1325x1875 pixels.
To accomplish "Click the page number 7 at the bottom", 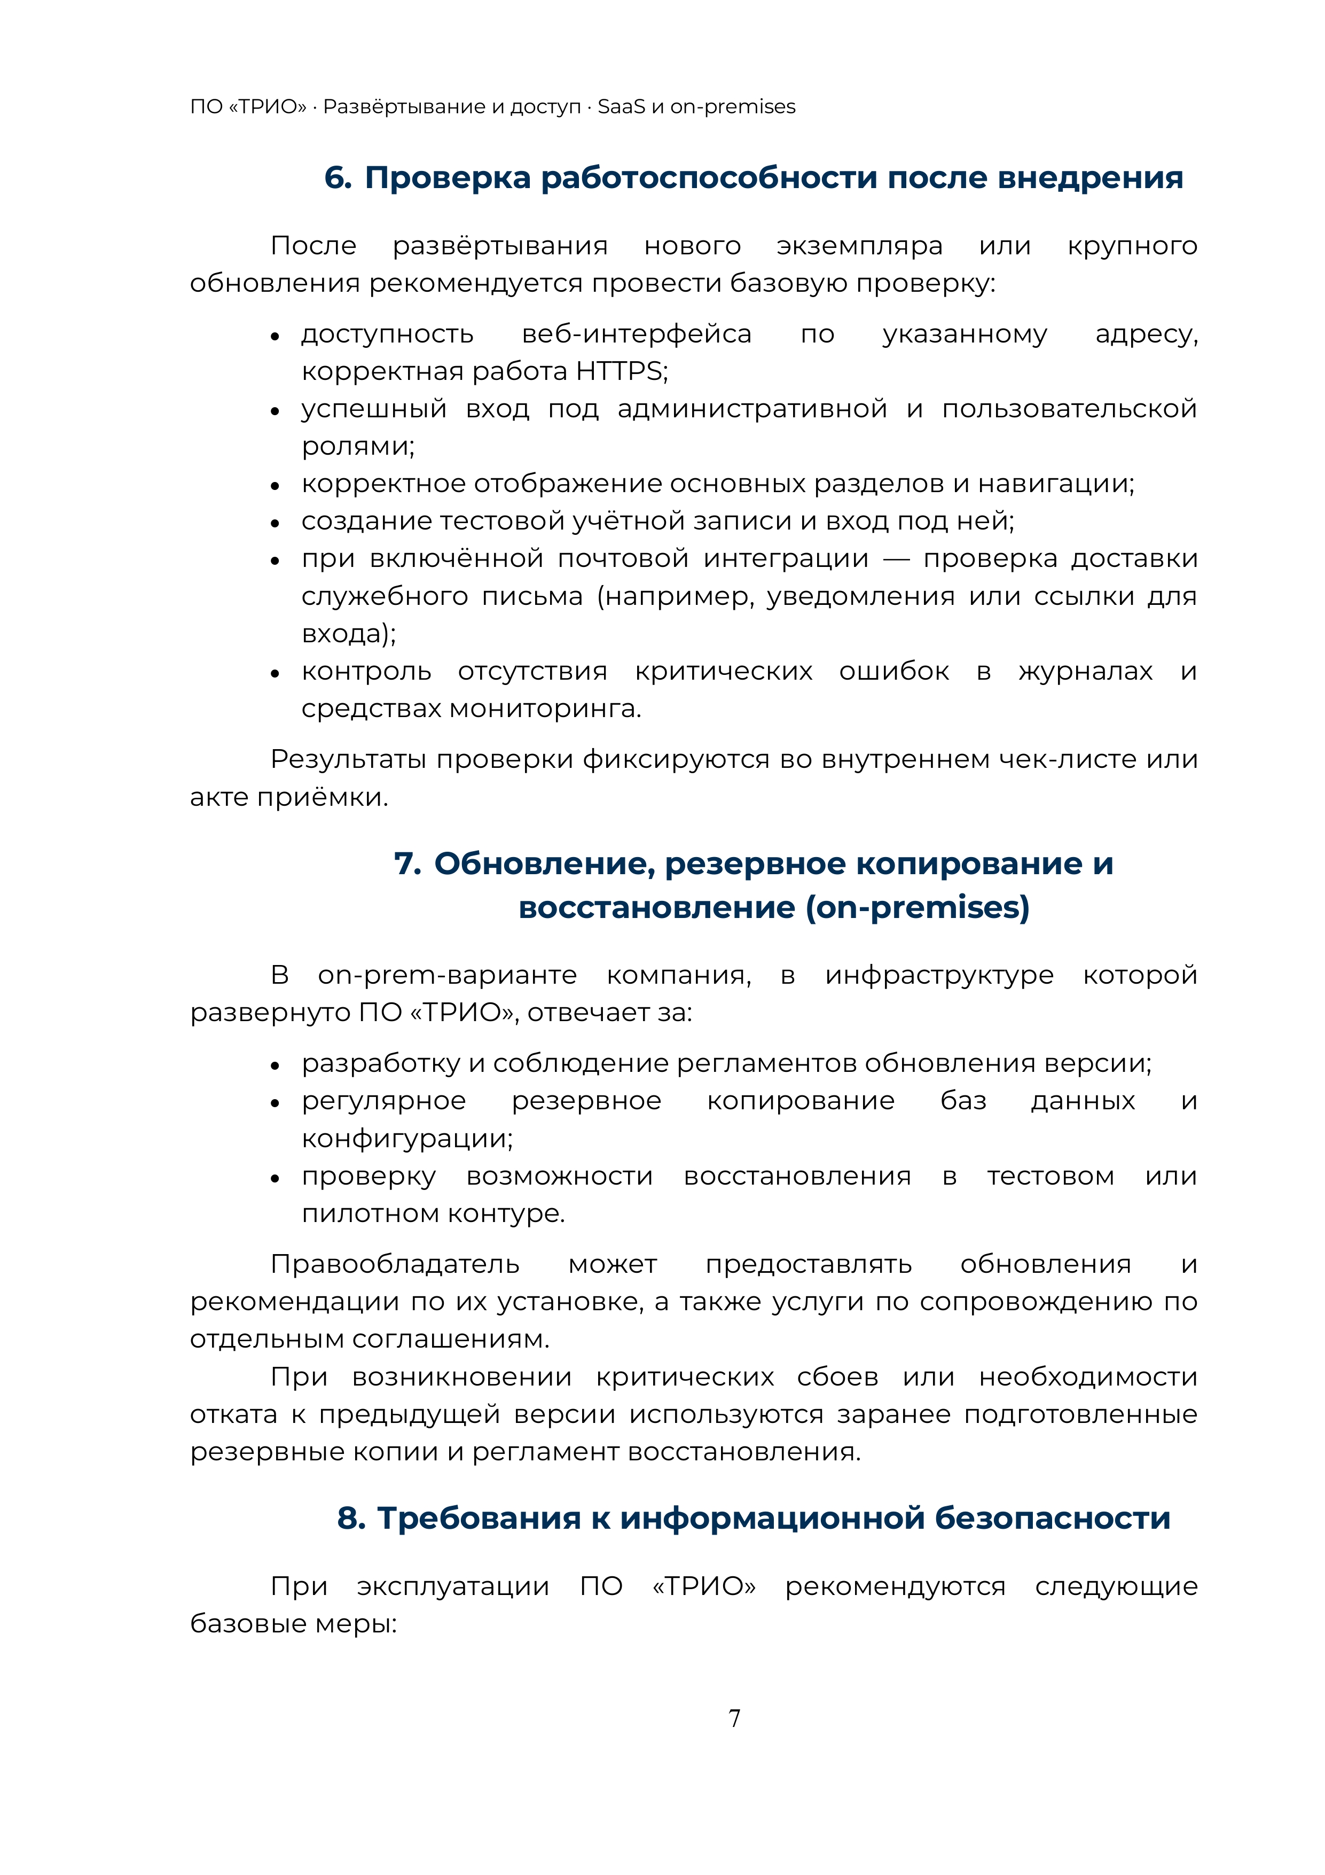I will [734, 1718].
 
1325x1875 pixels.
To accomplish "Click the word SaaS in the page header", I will [621, 107].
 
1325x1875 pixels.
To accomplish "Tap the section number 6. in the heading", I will [338, 178].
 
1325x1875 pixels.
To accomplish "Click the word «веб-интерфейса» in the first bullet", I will [637, 334].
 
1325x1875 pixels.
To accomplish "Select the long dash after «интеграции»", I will [896, 559].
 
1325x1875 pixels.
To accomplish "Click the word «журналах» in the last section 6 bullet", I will [1085, 671].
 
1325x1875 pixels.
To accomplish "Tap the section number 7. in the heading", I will [407, 864].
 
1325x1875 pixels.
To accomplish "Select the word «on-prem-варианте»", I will [448, 975].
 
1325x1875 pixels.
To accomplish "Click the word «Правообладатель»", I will [395, 1264].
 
